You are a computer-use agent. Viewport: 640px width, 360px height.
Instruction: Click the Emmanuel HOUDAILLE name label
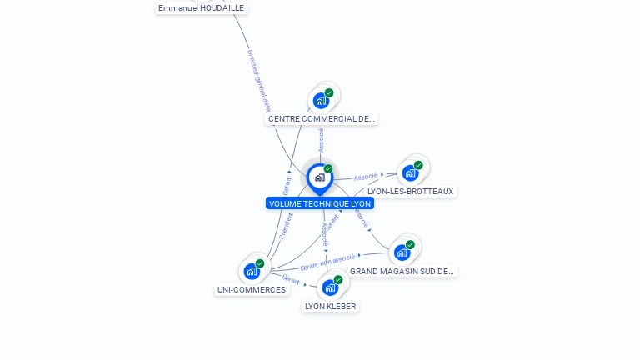coord(202,7)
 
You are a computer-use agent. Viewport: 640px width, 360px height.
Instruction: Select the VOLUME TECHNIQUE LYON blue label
coord(320,203)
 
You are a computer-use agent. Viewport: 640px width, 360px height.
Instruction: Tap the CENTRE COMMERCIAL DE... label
coord(321,119)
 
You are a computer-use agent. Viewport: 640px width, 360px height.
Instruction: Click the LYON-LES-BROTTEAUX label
coord(411,192)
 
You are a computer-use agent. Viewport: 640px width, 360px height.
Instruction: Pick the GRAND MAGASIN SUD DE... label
coord(402,271)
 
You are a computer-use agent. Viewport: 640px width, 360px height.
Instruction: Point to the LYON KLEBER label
coord(331,306)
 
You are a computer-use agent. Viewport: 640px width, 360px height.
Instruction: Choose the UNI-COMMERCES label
coord(252,290)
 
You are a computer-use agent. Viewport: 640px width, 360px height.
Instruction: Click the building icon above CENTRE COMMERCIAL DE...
coord(321,101)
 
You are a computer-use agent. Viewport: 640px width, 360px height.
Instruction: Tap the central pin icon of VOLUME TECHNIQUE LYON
coord(319,177)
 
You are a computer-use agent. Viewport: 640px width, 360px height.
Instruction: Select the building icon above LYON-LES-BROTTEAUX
coord(409,172)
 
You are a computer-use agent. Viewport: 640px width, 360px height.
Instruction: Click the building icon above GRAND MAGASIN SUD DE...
coord(402,252)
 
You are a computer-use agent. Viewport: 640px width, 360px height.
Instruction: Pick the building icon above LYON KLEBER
coord(330,287)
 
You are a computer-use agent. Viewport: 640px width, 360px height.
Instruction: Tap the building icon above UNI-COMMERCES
coord(252,272)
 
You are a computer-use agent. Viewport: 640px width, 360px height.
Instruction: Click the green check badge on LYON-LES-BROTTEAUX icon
coord(418,165)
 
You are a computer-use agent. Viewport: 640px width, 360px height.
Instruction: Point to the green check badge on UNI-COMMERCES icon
coord(260,263)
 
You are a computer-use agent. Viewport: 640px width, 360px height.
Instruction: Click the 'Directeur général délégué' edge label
coord(259,80)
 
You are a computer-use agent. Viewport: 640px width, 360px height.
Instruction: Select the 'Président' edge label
coord(286,226)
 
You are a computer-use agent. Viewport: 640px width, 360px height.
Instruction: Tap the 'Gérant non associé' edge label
coord(327,262)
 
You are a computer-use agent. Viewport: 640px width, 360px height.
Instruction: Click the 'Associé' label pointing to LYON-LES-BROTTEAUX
coord(366,177)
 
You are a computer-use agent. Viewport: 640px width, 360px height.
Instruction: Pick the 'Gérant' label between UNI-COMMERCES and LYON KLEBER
coord(291,279)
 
